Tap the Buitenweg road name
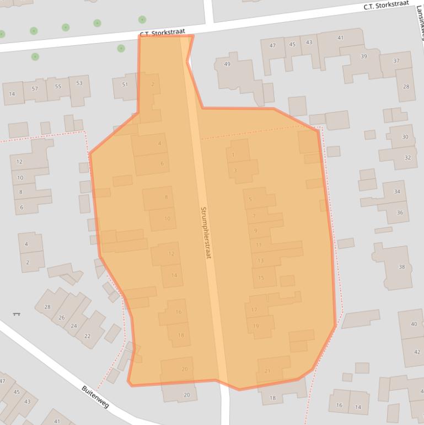coord(95,396)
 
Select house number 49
coord(227,65)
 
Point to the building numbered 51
coord(125,84)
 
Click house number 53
coord(79,83)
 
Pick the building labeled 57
coord(35,88)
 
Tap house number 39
coord(363,57)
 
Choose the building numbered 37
coord(396,61)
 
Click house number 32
coord(407,157)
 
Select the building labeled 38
coord(401,267)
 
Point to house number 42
coord(417,352)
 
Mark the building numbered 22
coord(87,336)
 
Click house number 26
coord(62,317)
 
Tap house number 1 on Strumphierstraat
coord(233,155)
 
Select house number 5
coord(250,199)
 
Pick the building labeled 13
coord(261,261)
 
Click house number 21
coord(267,371)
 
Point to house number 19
coord(256,326)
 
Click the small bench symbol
coord(17,314)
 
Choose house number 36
coord(399,212)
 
